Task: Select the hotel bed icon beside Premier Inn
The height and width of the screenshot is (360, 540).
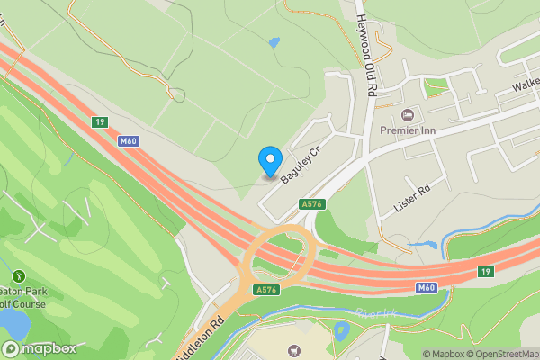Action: pyautogui.click(x=408, y=114)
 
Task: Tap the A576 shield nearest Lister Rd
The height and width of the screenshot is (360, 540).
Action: pyautogui.click(x=311, y=204)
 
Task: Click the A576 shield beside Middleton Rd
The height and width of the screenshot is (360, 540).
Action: pyautogui.click(x=265, y=290)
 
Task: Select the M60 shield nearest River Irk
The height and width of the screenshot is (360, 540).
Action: pyautogui.click(x=427, y=287)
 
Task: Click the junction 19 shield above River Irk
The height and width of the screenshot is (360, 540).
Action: pyautogui.click(x=486, y=271)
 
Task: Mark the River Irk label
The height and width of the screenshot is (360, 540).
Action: pyautogui.click(x=374, y=313)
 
